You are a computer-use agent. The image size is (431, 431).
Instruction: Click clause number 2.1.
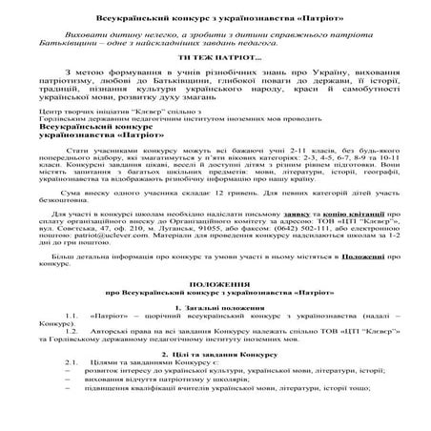[x=66, y=388]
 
